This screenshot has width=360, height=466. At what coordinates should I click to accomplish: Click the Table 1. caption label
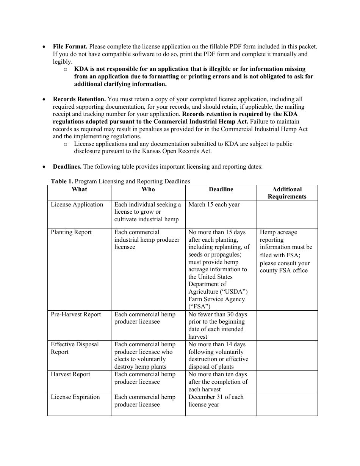[62, 181]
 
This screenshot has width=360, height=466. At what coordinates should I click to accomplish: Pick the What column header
[79, 189]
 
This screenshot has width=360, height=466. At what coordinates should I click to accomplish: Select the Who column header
[148, 189]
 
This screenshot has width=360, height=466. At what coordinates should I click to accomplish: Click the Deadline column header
[221, 189]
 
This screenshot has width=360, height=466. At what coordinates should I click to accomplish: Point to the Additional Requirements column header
[287, 193]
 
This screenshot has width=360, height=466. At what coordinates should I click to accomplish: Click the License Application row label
[77, 205]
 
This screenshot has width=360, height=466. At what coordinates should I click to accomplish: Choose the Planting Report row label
[71, 232]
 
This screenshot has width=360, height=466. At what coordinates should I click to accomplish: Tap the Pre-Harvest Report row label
[76, 314]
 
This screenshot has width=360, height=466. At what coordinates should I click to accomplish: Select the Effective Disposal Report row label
[75, 348]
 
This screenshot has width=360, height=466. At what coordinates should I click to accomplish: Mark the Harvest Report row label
[70, 374]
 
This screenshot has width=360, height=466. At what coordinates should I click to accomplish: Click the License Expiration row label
[75, 397]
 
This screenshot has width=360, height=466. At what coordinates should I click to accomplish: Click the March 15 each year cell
[214, 205]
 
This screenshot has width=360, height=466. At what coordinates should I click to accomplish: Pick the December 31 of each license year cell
[216, 401]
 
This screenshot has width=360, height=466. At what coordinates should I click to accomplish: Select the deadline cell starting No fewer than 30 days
[217, 325]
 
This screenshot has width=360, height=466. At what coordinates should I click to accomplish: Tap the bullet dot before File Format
[44, 47]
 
